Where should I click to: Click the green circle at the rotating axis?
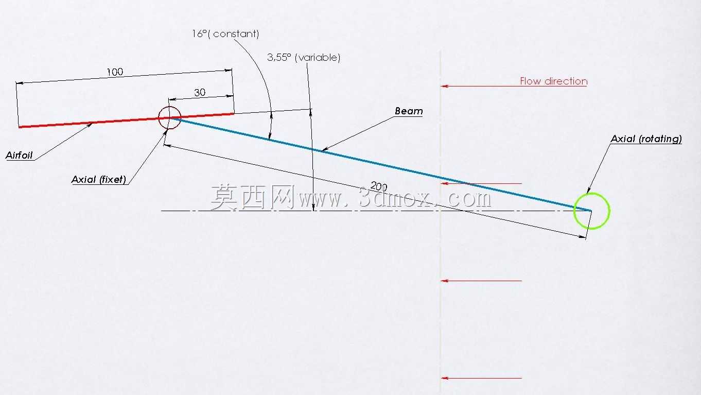point(574,211)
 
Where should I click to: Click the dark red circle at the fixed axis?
point(159,118)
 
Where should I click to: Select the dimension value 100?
point(115,72)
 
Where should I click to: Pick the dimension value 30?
point(200,92)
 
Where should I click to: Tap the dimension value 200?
point(379,186)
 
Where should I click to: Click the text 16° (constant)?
point(225,34)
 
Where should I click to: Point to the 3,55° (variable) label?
point(304,57)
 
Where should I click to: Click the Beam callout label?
point(409,111)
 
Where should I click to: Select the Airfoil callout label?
point(19,155)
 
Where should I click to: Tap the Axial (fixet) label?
point(99,180)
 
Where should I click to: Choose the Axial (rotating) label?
point(646,139)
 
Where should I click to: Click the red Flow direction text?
point(554,81)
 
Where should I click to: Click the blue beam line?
point(380,164)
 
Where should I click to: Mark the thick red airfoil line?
point(127,120)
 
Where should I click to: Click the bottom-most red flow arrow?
point(481,378)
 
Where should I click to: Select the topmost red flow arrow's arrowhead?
point(444,86)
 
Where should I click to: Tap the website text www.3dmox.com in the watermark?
point(395,198)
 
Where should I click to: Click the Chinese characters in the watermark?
point(253,197)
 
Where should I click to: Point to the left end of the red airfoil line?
point(19,127)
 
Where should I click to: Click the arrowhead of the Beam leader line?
point(324,150)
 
